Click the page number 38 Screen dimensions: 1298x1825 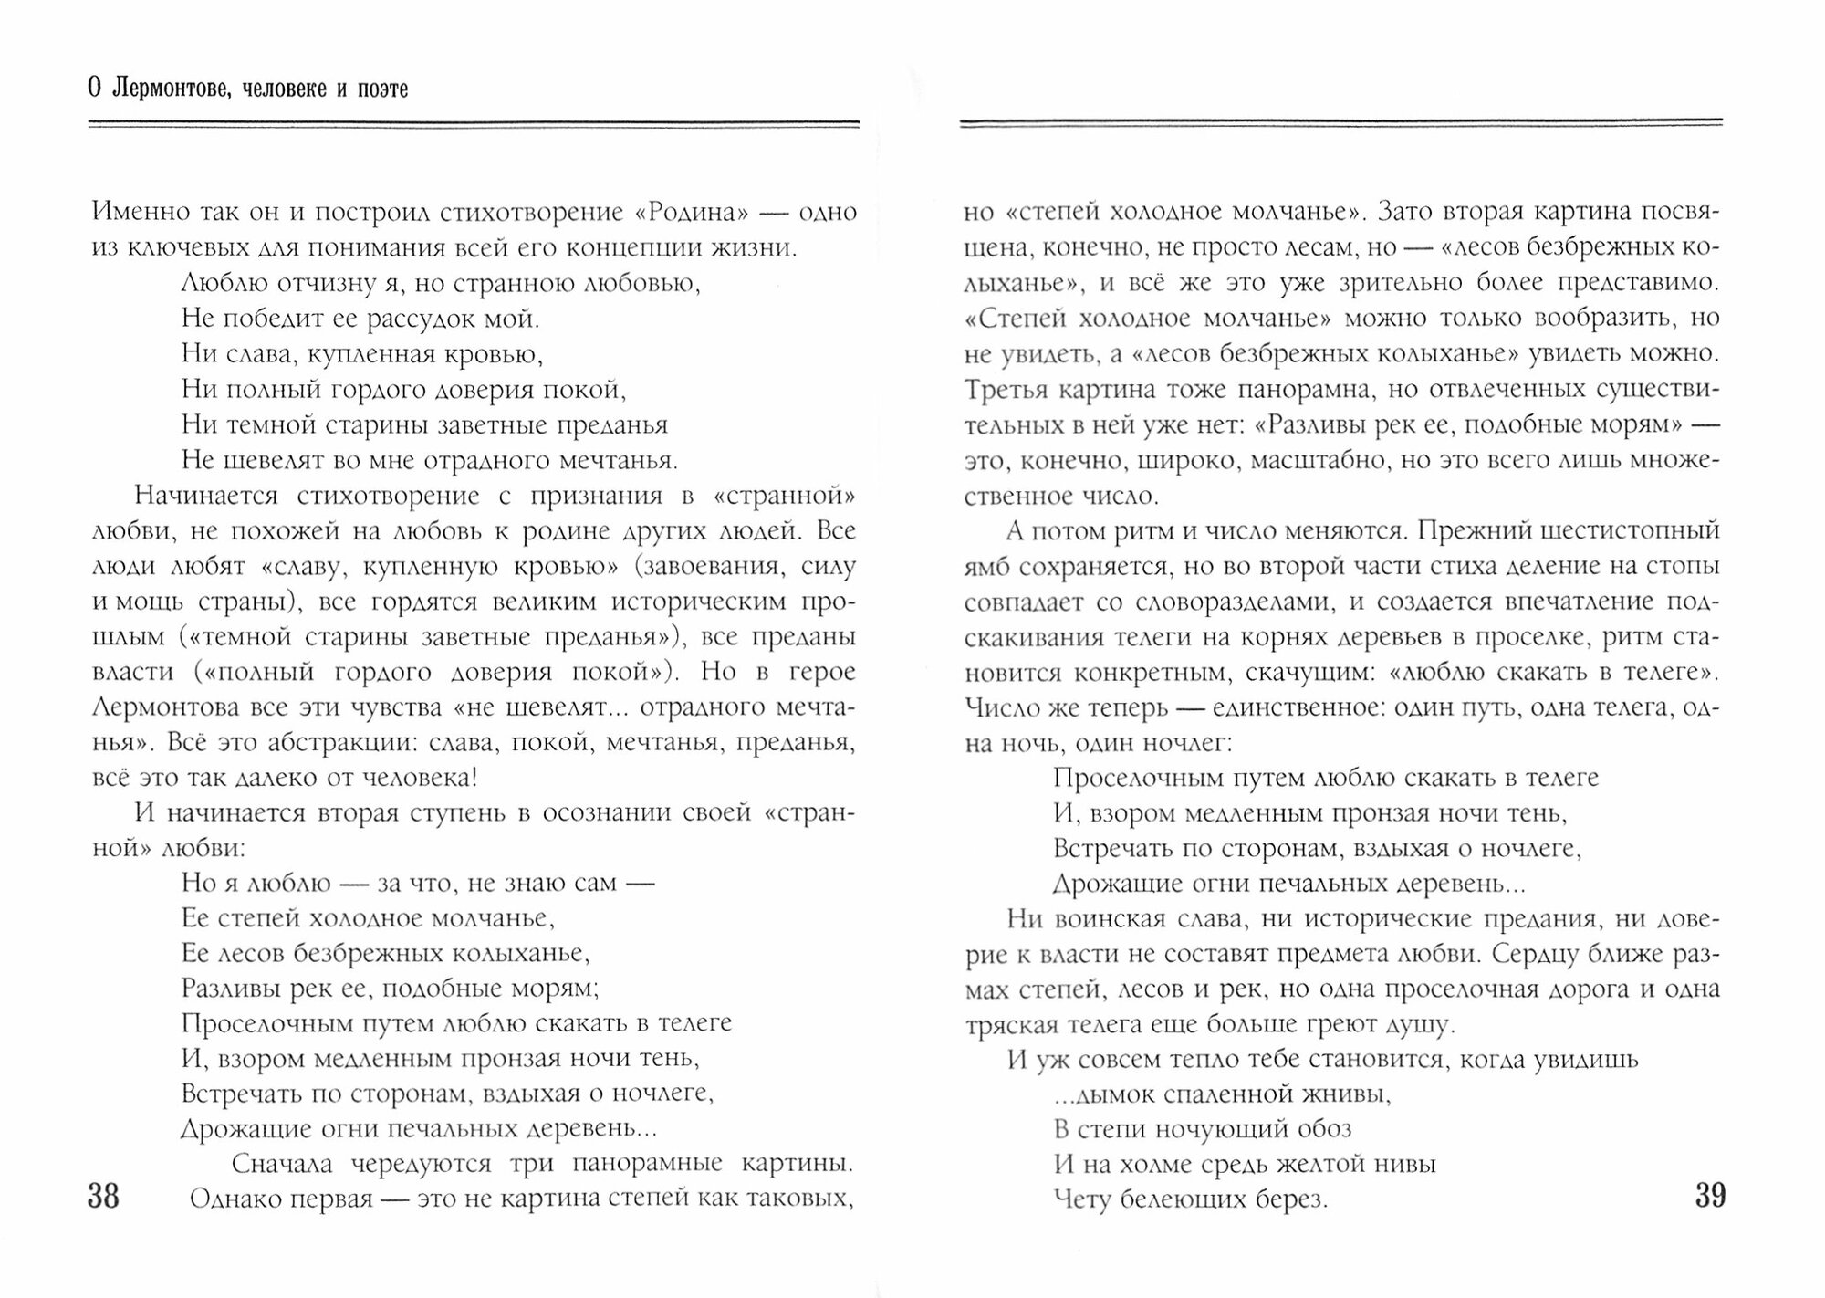pyautogui.click(x=103, y=1195)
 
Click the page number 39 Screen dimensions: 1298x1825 pyautogui.click(x=1710, y=1195)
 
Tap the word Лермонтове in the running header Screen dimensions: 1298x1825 pyautogui.click(x=163, y=89)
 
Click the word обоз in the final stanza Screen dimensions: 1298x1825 pyautogui.click(x=1321, y=1129)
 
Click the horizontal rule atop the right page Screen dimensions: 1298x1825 pyautogui.click(x=1341, y=122)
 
